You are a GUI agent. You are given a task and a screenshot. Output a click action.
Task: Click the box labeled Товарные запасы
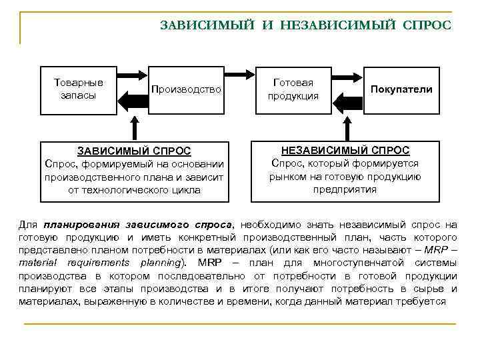[x=78, y=89]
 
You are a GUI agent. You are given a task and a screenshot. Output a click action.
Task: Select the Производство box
[x=186, y=89]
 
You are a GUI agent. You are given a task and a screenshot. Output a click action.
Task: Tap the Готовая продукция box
[x=293, y=89]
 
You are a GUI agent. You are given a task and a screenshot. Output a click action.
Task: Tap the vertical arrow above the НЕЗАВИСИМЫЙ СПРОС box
[x=345, y=128]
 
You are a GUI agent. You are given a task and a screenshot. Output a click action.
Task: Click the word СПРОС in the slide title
[x=427, y=25]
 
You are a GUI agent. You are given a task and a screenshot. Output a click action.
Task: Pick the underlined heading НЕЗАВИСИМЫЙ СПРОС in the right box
[x=345, y=151]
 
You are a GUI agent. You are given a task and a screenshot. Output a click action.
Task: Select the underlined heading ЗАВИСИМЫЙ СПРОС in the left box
[x=134, y=151]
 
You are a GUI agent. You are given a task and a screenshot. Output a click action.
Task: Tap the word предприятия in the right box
[x=345, y=189]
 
